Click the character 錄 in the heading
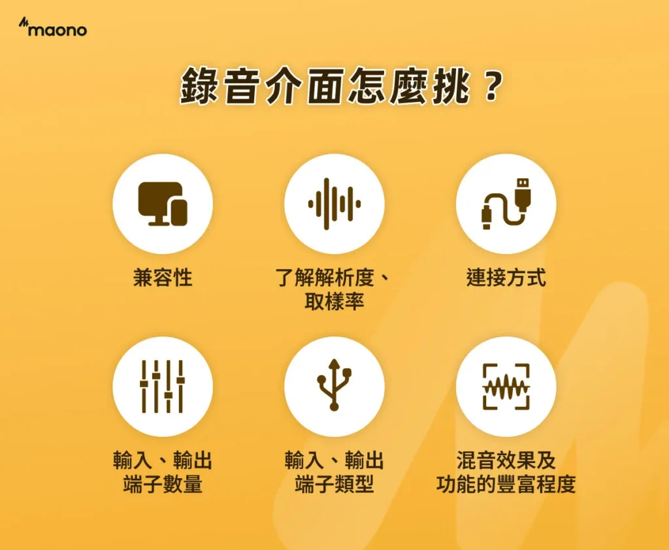point(200,88)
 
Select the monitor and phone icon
point(163,203)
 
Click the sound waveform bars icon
point(334,203)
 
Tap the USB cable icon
point(506,203)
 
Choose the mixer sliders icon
point(163,386)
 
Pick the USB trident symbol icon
point(334,386)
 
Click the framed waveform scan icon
point(506,386)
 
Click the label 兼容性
point(163,278)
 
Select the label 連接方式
point(506,278)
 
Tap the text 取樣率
point(334,302)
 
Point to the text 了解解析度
point(324,278)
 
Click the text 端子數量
point(163,485)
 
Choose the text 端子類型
point(334,485)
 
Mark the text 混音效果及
point(506,461)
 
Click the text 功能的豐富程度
point(506,485)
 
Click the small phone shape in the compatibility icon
point(178,212)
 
